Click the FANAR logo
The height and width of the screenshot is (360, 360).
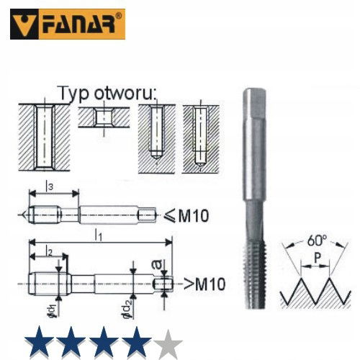(68, 24)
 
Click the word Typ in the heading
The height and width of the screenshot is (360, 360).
(73, 94)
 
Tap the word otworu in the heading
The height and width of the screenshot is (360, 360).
(125, 94)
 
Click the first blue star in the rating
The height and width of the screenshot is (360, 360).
(39, 343)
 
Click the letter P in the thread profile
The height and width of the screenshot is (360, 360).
(318, 258)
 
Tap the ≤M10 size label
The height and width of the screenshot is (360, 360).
(186, 216)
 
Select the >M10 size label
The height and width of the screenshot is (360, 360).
(204, 284)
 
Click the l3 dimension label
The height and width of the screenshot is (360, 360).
(49, 186)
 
